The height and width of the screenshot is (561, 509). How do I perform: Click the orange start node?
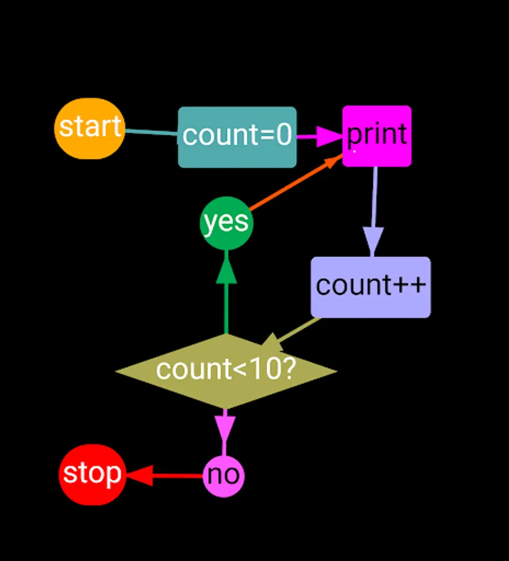coord(90,128)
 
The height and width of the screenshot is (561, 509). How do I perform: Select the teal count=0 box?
coord(237,137)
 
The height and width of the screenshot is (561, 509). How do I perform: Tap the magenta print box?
coord(377,136)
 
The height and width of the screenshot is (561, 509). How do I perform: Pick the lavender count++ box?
coord(371,287)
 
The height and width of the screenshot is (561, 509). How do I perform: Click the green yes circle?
coord(226,223)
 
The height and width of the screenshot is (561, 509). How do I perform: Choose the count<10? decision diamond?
coord(226,371)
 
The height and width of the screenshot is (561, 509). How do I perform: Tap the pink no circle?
coord(223,476)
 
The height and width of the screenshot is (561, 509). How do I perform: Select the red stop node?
coord(92,475)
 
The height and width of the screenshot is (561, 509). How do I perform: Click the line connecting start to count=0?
coord(152,132)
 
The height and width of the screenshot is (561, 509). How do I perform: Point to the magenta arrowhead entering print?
coord(328,136)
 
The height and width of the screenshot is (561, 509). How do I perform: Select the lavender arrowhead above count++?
coord(372,241)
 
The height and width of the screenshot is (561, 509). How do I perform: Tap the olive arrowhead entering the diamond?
coord(273,342)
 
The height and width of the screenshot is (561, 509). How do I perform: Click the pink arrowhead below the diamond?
coord(225,428)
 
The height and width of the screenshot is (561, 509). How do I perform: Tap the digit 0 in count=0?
coord(284,136)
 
